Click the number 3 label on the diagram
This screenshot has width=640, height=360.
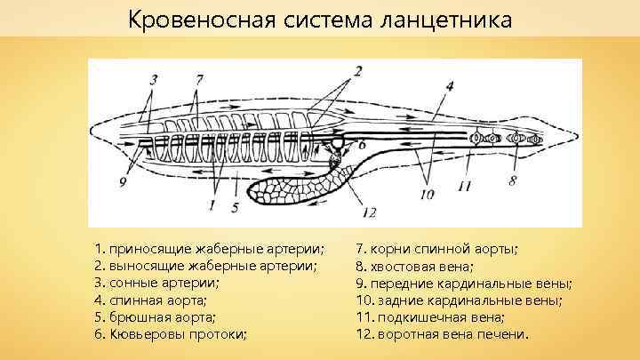coord(154,79)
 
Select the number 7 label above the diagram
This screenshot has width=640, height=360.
coord(198,78)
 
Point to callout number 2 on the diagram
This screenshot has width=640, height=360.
coord(358,70)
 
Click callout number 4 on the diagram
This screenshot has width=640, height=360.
coord(450,86)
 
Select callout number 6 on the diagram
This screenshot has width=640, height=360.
coord(361,143)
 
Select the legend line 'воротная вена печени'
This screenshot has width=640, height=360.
coord(441,335)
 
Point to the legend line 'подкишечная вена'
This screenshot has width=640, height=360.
coord(430,317)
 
